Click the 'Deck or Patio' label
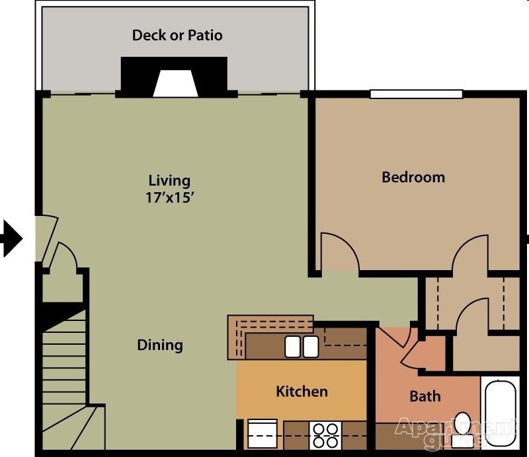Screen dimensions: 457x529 coord(177,35)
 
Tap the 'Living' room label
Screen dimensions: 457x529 coord(169,180)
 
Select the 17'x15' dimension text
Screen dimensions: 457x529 coord(169,197)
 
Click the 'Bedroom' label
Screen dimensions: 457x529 coord(413,177)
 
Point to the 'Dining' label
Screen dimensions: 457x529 coord(160,345)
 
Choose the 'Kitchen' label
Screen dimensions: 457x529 coord(302,391)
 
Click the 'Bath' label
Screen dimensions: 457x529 coord(425,396)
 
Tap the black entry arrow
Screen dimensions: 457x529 coord(11,238)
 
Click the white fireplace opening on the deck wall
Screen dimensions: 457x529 coord(175,84)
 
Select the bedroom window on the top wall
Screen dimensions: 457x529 coord(416,94)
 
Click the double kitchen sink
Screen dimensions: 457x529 coord(302,346)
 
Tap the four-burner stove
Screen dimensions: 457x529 coord(325,436)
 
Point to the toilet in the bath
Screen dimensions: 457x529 coord(464,427)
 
